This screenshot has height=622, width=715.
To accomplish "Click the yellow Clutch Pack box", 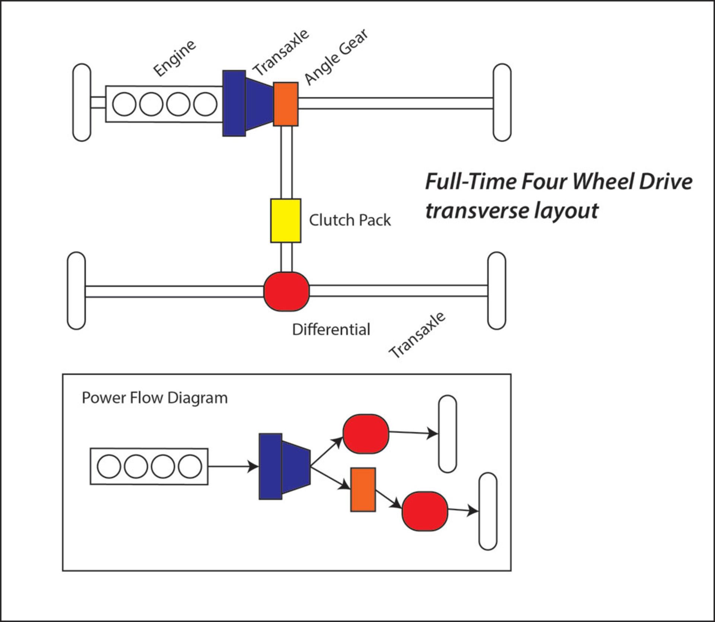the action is pyautogui.click(x=286, y=221).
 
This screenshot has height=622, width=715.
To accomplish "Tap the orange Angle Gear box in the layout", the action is pyautogui.click(x=286, y=104).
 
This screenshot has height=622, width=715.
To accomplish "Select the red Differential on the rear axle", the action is pyautogui.click(x=286, y=291).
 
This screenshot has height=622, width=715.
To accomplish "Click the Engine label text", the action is pyautogui.click(x=174, y=58).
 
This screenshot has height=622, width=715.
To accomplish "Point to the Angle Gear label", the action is pyautogui.click(x=336, y=56).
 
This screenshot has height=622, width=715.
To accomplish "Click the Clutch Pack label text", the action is pyautogui.click(x=350, y=220).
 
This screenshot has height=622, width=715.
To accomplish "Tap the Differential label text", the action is pyautogui.click(x=331, y=329).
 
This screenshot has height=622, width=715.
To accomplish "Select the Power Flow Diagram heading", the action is pyautogui.click(x=155, y=398).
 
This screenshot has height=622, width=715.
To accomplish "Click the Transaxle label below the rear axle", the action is pyautogui.click(x=417, y=335).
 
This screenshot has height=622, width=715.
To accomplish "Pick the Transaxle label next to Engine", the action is pyautogui.click(x=281, y=52).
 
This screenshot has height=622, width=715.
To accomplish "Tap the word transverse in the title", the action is pyautogui.click(x=477, y=211).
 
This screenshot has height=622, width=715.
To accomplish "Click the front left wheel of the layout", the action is pyautogui.click(x=82, y=102).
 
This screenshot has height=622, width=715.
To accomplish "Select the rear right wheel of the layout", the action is pyautogui.click(x=496, y=291).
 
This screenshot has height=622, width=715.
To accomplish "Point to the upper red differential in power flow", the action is pyautogui.click(x=366, y=434).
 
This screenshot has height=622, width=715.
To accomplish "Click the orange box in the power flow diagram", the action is pyautogui.click(x=363, y=489).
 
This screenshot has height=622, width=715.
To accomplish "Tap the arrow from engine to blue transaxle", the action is pyautogui.click(x=233, y=466).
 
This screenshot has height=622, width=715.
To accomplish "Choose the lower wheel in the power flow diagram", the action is pyautogui.click(x=488, y=511).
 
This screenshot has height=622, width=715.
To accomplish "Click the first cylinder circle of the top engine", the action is pyautogui.click(x=124, y=104).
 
